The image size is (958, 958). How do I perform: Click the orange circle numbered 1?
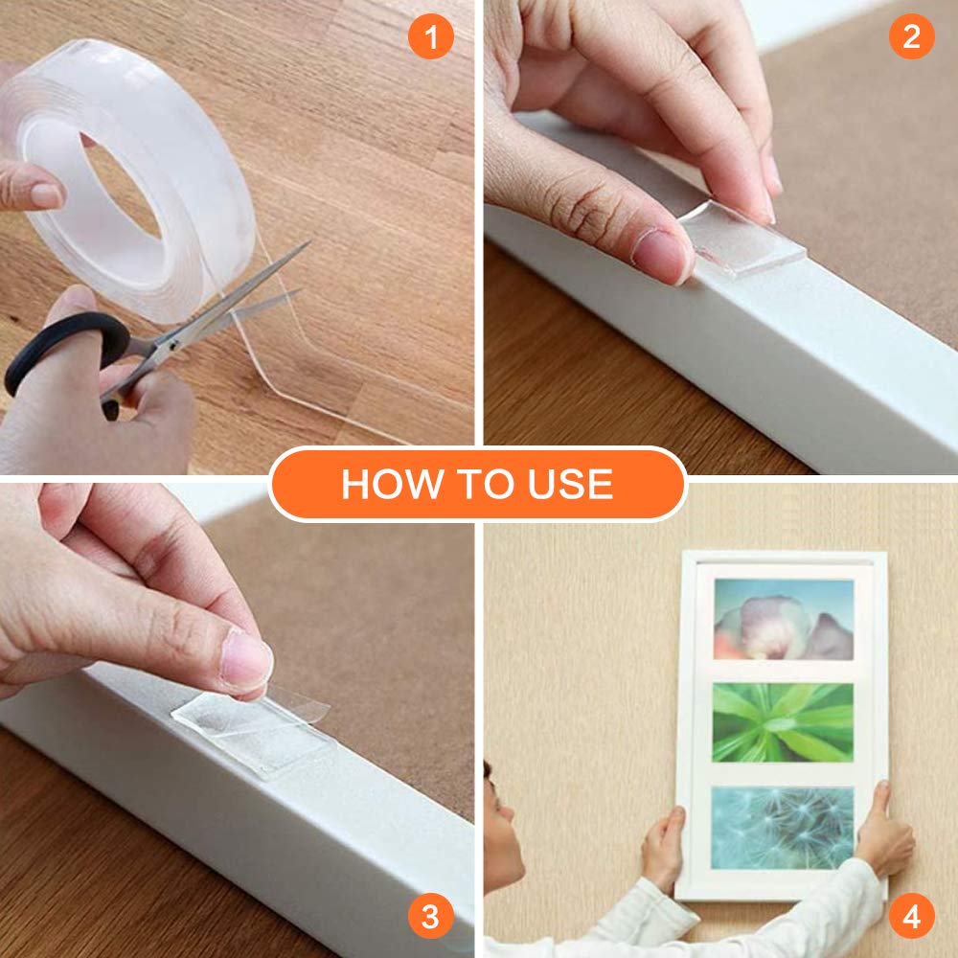click(431, 36)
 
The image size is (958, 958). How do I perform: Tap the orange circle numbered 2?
click(912, 36)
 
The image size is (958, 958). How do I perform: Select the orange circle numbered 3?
click(431, 916)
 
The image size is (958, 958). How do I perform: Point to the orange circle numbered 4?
click(912, 916)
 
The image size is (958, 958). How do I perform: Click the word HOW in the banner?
click(392, 485)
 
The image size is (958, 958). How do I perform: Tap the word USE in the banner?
click(570, 485)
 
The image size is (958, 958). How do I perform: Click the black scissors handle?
click(67, 354)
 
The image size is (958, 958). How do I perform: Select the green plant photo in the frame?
click(783, 722)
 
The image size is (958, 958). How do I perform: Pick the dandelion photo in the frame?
click(783, 828)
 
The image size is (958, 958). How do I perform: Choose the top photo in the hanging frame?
click(784, 620)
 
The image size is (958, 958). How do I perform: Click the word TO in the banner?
click(485, 485)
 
